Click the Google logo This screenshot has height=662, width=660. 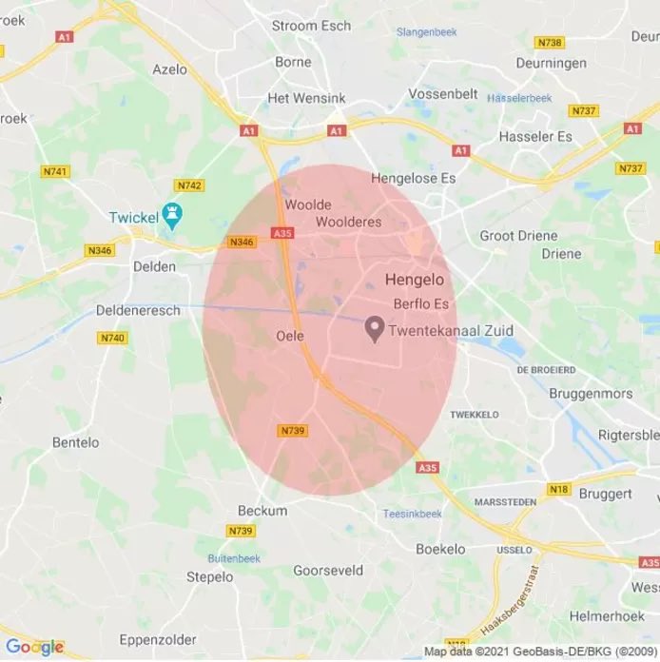pyautogui.click(x=34, y=648)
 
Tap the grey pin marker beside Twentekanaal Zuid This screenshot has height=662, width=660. pyautogui.click(x=375, y=330)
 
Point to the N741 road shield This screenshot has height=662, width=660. pyautogui.click(x=54, y=171)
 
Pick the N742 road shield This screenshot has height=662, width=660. pyautogui.click(x=188, y=185)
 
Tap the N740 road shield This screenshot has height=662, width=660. pyautogui.click(x=112, y=338)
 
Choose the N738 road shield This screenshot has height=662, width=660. pyautogui.click(x=549, y=43)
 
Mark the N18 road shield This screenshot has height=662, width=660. pyautogui.click(x=558, y=489)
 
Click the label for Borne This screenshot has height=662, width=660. pyautogui.click(x=293, y=62)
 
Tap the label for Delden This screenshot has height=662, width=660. pyautogui.click(x=154, y=266)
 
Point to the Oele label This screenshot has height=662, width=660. pyautogui.click(x=289, y=336)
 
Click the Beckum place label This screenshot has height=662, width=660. pyautogui.click(x=262, y=511)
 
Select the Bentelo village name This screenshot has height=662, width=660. pyautogui.click(x=75, y=441)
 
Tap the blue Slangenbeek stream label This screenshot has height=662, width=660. pyautogui.click(x=426, y=32)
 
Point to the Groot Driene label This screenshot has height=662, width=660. pyautogui.click(x=511, y=236)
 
